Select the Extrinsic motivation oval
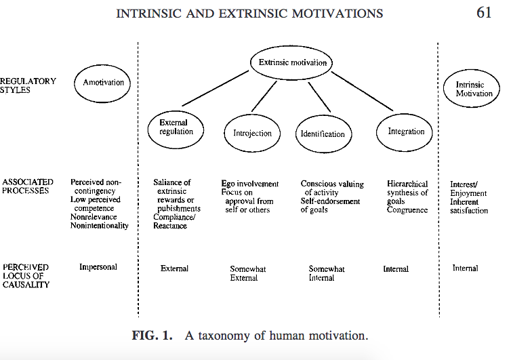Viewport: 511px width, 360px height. pos(293,63)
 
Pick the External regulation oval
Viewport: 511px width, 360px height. pos(176,127)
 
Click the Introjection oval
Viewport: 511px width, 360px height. pos(252,134)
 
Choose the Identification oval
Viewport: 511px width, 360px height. pos(323,134)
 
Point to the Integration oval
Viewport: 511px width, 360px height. pos(406,132)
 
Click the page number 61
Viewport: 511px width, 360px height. pos(484,13)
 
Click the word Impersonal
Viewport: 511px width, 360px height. pos(98,267)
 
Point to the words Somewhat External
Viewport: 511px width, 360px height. pos(248,273)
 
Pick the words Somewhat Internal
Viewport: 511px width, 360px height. pos(327,273)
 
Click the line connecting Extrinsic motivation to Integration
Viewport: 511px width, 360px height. pos(361,91)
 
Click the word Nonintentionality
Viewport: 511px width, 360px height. pos(99,226)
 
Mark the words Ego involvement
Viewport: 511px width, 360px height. pos(250,184)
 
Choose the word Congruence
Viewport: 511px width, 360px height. pos(407,210)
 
